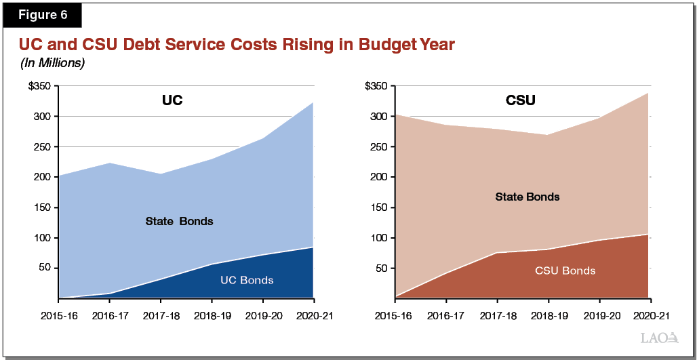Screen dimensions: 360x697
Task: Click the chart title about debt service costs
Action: [236, 45]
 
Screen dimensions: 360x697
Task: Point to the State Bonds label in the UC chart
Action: [180, 221]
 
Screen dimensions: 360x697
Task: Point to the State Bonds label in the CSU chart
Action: [527, 197]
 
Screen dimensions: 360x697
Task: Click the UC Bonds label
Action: [247, 279]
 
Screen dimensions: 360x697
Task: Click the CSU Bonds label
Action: [565, 271]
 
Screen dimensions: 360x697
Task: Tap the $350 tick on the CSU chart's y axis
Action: [376, 86]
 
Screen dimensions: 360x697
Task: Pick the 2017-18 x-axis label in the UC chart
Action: [161, 316]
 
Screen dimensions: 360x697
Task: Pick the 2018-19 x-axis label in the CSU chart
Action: [548, 316]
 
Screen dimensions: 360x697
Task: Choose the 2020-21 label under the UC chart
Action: [313, 316]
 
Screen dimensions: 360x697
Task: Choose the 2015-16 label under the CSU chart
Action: [395, 316]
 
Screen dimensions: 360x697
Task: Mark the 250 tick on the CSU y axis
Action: [379, 146]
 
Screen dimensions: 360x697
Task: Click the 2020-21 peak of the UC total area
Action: [313, 102]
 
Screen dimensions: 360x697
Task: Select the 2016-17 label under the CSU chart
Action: [445, 316]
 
